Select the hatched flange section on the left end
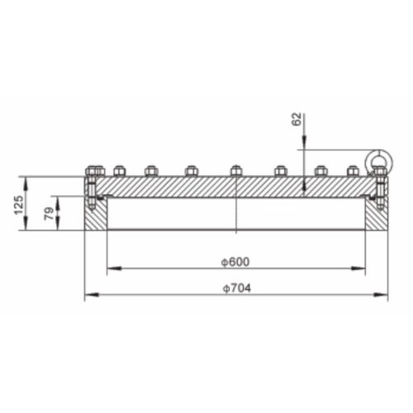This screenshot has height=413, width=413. point(96,216)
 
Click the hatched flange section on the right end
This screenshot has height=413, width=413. point(377,216)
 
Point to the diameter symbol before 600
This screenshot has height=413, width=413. point(224,262)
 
